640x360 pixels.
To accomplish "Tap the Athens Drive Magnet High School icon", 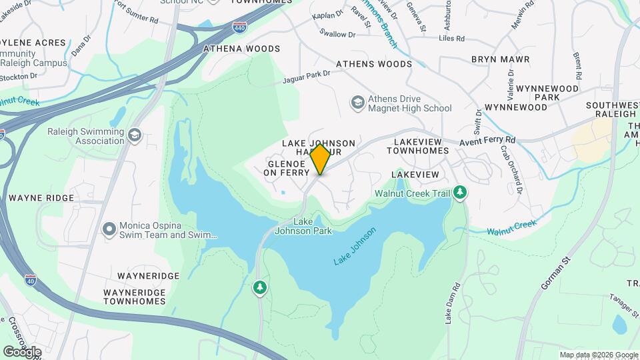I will click(358, 102).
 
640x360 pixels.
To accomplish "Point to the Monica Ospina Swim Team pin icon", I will click(109, 229).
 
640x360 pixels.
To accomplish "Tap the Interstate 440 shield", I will click(239, 27).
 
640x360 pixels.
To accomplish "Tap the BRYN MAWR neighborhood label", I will click(500, 59).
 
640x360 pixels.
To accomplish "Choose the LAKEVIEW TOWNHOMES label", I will click(421, 146).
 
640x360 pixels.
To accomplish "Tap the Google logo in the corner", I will click(22, 351).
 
